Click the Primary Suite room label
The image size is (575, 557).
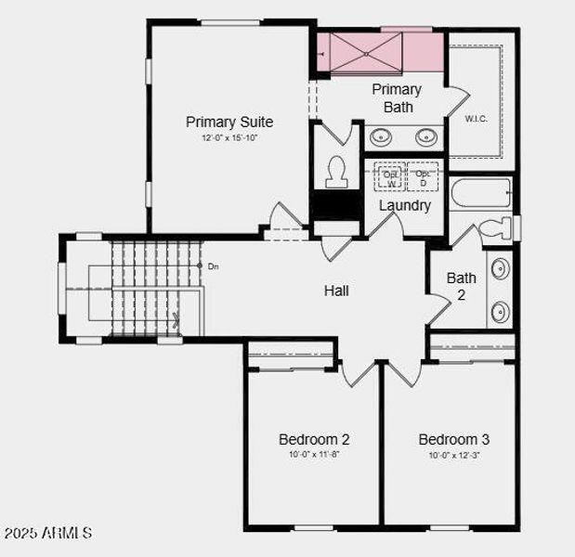coord(229,122)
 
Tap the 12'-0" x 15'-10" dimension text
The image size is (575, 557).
coord(229,137)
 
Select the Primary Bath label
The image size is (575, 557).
coord(397,97)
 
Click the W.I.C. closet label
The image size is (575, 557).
coord(477,119)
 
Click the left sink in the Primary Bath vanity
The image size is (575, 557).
coord(381,137)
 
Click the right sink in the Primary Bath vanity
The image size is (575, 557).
coord(426,137)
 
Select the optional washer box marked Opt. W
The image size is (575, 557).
coord(389,176)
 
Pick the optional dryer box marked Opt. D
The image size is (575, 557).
coord(423,176)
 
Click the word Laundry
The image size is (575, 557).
coord(405,205)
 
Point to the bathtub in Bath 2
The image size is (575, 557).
coord(481,194)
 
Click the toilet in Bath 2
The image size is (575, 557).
coord(494,227)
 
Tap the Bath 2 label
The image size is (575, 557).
coord(462,285)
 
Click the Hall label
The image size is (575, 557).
coord(336,291)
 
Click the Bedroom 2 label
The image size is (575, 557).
coord(314,439)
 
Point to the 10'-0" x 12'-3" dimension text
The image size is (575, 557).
coord(453,455)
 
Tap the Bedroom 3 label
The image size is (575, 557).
coord(453,439)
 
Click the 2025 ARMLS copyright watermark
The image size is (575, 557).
coord(48,534)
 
